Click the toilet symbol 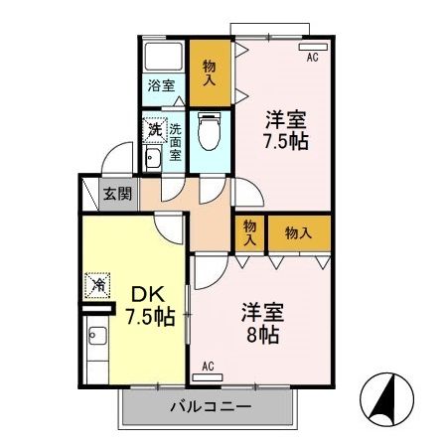click(x=208, y=130)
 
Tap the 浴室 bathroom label click(x=161, y=85)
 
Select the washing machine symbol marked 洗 click(x=154, y=129)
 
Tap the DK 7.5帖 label click(x=150, y=307)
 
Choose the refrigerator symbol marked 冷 click(x=100, y=285)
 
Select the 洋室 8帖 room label click(x=263, y=322)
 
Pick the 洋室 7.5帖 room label click(x=285, y=129)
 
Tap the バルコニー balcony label click(x=209, y=406)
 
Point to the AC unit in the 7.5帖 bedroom click(x=311, y=46)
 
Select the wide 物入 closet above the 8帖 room click(x=298, y=233)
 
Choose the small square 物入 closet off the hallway click(x=248, y=233)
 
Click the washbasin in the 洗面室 click(x=153, y=160)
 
